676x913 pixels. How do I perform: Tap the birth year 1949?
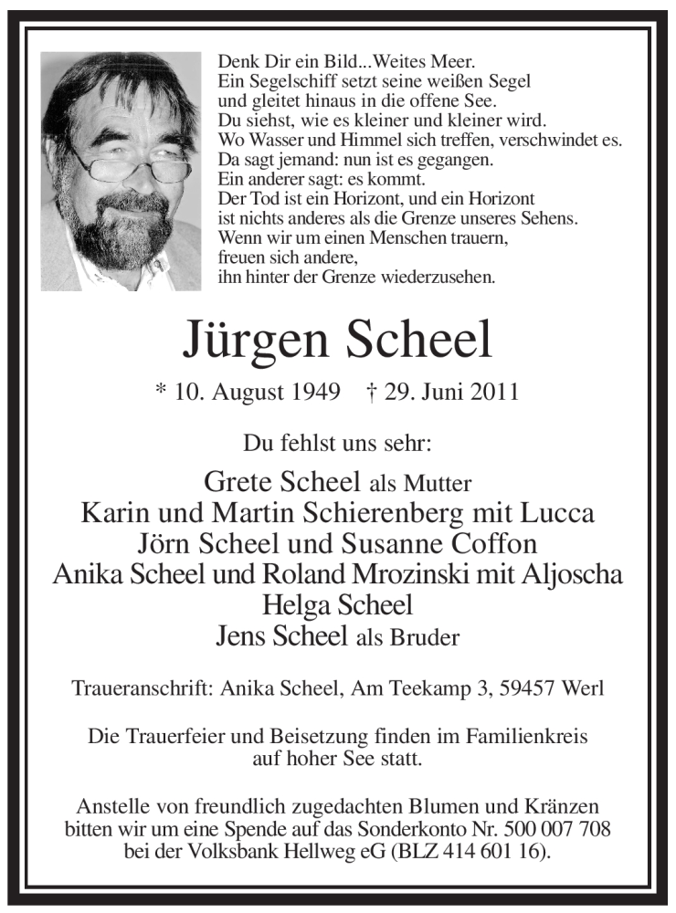click(x=298, y=393)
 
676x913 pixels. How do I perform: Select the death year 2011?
click(x=493, y=393)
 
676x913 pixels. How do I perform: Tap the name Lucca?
click(x=559, y=513)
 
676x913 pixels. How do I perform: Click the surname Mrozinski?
click(x=461, y=575)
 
